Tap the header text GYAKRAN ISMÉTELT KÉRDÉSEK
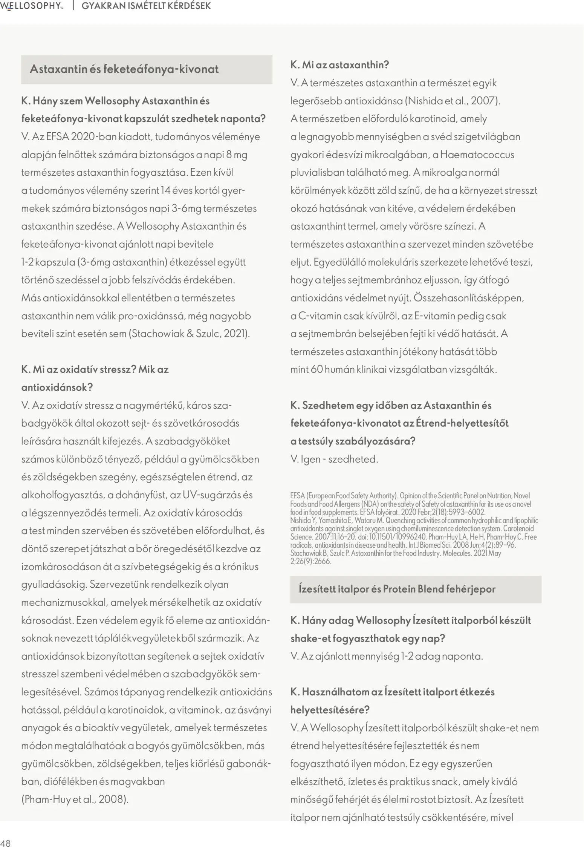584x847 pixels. pos(146,6)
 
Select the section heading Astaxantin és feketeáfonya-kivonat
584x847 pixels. pos(124,69)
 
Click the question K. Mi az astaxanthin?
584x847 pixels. pos(339,65)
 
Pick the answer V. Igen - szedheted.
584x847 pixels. pos(334,459)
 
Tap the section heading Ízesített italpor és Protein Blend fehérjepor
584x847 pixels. pos(397,589)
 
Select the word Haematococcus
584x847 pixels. pos(477,155)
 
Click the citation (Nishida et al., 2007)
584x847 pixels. pos(452,101)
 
